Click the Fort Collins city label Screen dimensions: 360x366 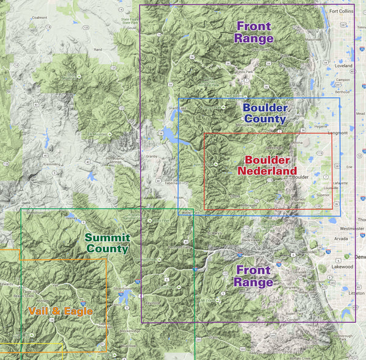point(341,11)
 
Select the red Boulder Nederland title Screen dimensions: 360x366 point(270,165)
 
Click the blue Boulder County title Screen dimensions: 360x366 point(264,113)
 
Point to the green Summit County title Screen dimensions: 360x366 point(107,243)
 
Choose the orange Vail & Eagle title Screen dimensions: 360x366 point(60,311)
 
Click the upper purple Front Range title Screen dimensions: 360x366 point(254,32)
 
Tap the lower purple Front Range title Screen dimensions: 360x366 point(254,276)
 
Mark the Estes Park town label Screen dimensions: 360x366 point(245,71)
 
